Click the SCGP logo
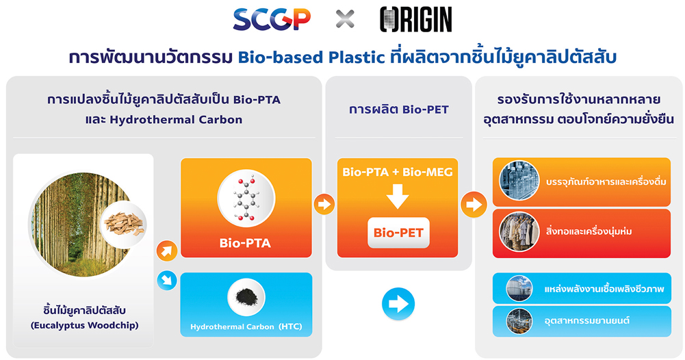tap(272, 20)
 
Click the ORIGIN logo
tap(416, 20)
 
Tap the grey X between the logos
tap(345, 19)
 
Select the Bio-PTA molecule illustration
tap(246, 198)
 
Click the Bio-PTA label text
tap(245, 243)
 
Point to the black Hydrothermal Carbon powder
tap(246, 298)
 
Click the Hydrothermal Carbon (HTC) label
tap(246, 326)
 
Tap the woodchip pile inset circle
tap(124, 224)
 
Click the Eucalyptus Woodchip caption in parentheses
tap(84, 326)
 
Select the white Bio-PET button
tap(398, 233)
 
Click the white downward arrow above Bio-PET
tap(398, 196)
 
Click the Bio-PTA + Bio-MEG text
tap(398, 172)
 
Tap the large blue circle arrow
tap(398, 304)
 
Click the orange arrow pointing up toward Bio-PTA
tap(167, 250)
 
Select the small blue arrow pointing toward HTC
tap(167, 281)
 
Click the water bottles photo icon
tap(519, 181)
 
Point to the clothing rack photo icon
tap(519, 231)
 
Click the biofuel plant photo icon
tap(519, 288)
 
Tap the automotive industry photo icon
tap(519, 321)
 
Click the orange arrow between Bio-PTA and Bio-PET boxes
tap(324, 204)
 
